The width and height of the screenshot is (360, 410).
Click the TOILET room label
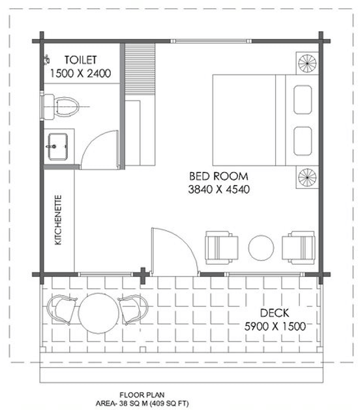click(81, 60)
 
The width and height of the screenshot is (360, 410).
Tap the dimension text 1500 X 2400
click(81, 73)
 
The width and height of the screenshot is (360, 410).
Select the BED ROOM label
click(218, 176)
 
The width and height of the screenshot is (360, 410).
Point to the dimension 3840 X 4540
click(219, 189)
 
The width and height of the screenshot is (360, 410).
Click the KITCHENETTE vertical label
click(58, 220)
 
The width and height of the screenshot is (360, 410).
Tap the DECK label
click(275, 313)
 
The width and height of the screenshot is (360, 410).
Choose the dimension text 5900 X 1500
click(275, 327)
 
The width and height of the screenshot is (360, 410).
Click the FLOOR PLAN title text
click(142, 395)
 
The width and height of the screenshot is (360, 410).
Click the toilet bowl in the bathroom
click(61, 107)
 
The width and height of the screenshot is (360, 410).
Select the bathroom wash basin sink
click(58, 147)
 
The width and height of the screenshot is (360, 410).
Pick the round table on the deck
click(98, 314)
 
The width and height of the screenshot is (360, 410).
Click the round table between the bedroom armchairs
click(261, 248)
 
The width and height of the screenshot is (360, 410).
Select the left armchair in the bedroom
click(222, 248)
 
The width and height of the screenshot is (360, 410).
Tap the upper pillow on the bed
click(303, 100)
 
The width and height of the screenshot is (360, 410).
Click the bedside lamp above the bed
click(307, 63)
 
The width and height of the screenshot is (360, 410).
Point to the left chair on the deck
click(62, 310)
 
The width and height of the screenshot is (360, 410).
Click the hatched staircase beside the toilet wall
click(140, 69)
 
